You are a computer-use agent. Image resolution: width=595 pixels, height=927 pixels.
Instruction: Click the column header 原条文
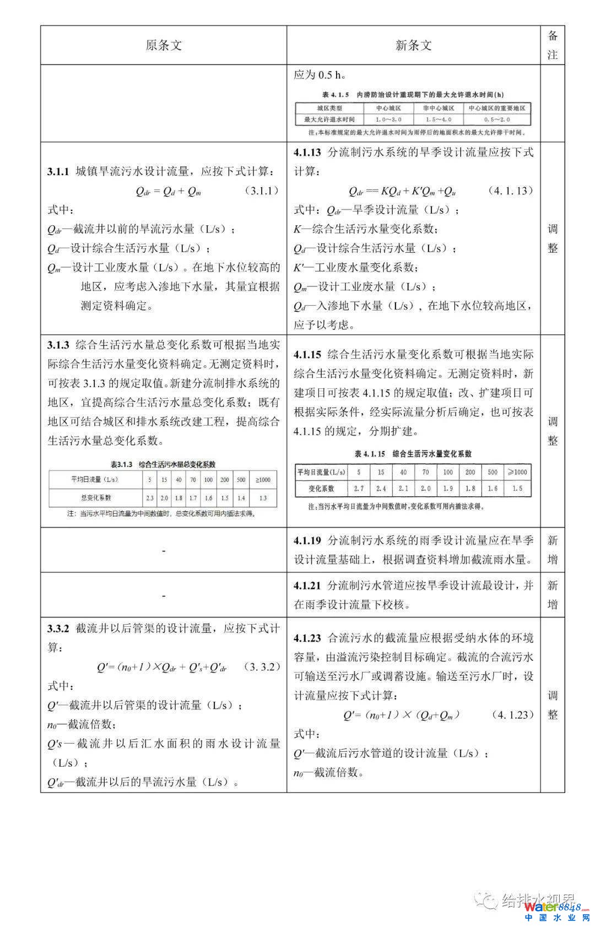coord(163,45)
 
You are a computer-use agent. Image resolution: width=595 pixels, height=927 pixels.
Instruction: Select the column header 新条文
coord(413,45)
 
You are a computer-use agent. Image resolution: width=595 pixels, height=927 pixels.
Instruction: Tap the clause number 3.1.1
coord(58,172)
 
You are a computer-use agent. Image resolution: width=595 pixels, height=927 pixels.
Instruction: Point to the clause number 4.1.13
coord(307,153)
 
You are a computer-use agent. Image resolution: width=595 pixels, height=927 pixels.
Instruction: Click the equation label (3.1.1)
coord(262,191)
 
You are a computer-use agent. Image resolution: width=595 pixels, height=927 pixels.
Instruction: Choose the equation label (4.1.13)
coord(511,191)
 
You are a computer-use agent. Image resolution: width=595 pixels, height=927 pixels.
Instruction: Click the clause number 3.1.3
coord(58,345)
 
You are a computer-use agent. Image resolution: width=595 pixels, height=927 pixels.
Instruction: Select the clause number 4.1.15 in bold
coord(307,355)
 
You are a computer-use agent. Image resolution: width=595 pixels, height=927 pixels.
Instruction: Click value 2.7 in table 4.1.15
coord(359,489)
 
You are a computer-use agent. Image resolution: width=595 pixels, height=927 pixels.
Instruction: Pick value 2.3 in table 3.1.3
coord(149,497)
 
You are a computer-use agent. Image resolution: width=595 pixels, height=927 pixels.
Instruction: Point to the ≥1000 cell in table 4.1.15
coord(517,472)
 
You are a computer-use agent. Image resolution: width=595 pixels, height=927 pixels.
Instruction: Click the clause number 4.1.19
coord(307,541)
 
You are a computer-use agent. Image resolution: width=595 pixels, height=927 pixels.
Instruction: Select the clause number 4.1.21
coord(307,586)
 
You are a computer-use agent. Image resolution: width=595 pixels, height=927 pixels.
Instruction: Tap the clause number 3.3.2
coord(58,628)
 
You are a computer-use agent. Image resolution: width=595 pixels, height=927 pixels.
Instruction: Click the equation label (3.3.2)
coord(262,667)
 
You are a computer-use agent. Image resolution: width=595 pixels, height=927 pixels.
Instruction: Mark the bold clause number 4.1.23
coord(307,638)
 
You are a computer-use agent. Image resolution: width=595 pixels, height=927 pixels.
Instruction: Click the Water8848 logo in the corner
coord(556,907)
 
